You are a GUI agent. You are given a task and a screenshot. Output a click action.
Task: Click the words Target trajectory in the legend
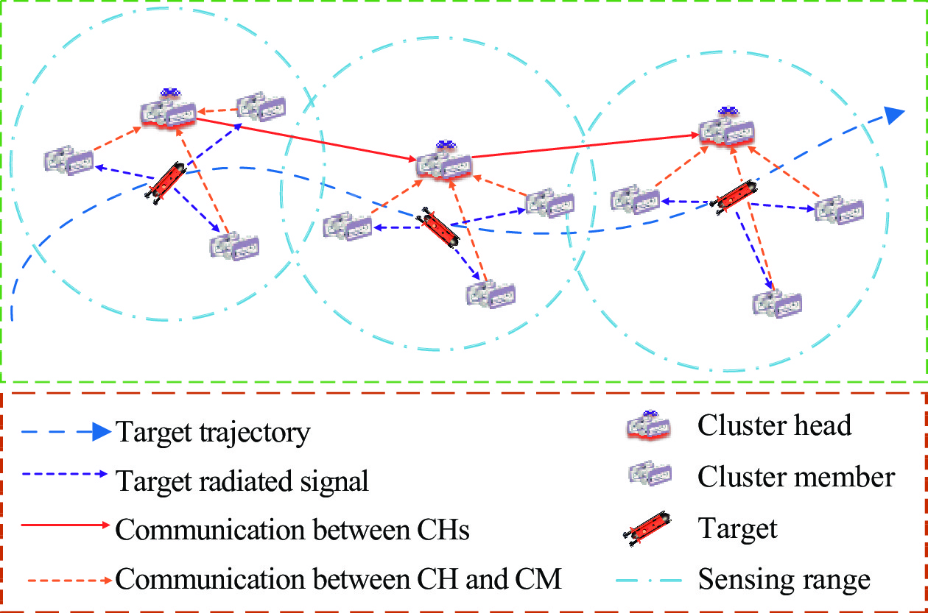pyautogui.click(x=213, y=432)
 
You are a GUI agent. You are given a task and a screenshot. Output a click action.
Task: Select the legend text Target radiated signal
pyautogui.click(x=242, y=481)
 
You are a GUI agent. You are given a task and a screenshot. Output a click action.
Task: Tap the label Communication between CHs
pyautogui.click(x=292, y=529)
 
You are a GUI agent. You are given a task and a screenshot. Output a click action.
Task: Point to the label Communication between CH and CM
pyautogui.click(x=338, y=578)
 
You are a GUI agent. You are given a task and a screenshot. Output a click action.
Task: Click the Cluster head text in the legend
pyautogui.click(x=774, y=425)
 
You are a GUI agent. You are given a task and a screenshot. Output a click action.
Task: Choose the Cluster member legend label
pyautogui.click(x=796, y=477)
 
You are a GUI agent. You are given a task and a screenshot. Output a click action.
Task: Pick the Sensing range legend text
pyautogui.click(x=784, y=580)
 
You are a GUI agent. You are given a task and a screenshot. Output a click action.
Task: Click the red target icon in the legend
pyautogui.click(x=647, y=528)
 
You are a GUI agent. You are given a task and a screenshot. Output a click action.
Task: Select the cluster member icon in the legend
pyautogui.click(x=650, y=472)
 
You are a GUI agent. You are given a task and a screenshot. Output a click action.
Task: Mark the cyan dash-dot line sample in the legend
pyautogui.click(x=649, y=581)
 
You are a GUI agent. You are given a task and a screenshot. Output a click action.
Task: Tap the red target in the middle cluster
pyautogui.click(x=438, y=227)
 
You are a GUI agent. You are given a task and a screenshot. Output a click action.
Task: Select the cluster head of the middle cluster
pyautogui.click(x=443, y=161)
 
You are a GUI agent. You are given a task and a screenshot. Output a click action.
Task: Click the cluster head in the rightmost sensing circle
pyautogui.click(x=727, y=127)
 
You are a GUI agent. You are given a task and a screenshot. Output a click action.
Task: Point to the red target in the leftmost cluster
pyautogui.click(x=165, y=183)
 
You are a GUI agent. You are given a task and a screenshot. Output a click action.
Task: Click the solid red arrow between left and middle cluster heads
pyautogui.click(x=306, y=139)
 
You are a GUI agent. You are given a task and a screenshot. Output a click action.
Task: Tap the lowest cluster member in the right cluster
pyautogui.click(x=777, y=303)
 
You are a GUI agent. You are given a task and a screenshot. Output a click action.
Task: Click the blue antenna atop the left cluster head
pyautogui.click(x=170, y=92)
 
